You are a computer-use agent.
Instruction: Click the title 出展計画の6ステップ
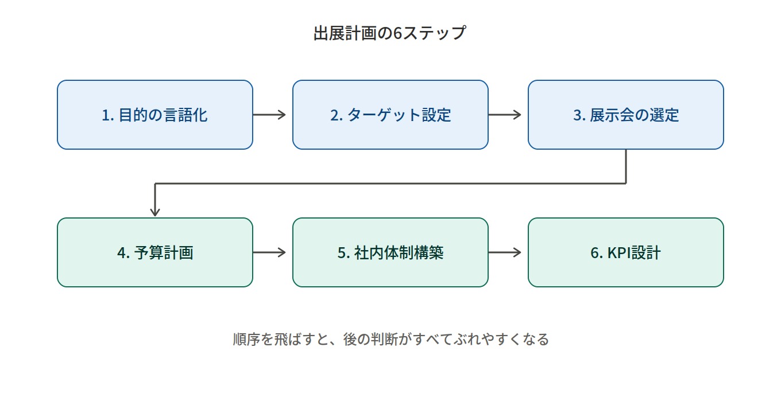[x=390, y=33]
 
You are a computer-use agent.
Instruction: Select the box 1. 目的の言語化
[x=155, y=115]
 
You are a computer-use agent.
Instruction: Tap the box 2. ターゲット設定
[x=390, y=115]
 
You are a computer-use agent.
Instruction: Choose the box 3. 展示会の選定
[x=626, y=115]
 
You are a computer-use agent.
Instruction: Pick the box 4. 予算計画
[x=155, y=252]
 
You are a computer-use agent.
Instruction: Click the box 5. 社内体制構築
[x=390, y=252]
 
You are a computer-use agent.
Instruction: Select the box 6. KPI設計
[x=626, y=252]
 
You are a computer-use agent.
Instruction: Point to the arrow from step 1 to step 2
[x=269, y=115]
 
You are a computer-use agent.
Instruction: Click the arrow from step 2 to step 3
[x=505, y=115]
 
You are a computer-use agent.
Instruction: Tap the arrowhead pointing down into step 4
[x=155, y=212]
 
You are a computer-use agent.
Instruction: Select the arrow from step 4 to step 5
[x=269, y=252]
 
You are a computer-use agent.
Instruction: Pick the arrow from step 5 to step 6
[x=505, y=252]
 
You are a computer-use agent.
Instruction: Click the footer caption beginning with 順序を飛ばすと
[x=391, y=339]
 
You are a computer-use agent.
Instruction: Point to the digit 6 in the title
[x=398, y=33]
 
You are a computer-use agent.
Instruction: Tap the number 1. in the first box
[x=108, y=115]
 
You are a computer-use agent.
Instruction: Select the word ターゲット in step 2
[x=384, y=115]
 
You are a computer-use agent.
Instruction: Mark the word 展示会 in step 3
[x=612, y=115]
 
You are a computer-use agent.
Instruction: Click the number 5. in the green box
[x=344, y=253]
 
